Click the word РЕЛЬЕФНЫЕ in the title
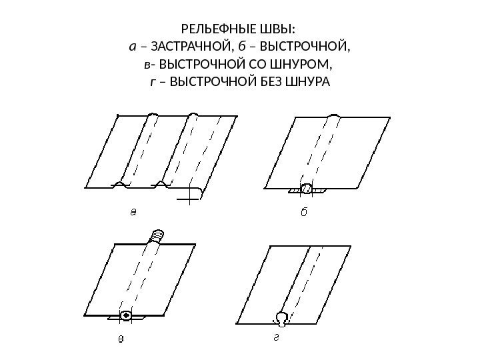[217, 30]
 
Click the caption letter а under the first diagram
[133, 213]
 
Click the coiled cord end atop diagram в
[157, 235]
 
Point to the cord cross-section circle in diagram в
[125, 315]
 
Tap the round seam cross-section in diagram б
[307, 189]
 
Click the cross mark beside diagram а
[191, 196]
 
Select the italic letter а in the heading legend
[133, 48]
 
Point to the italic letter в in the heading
[146, 65]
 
